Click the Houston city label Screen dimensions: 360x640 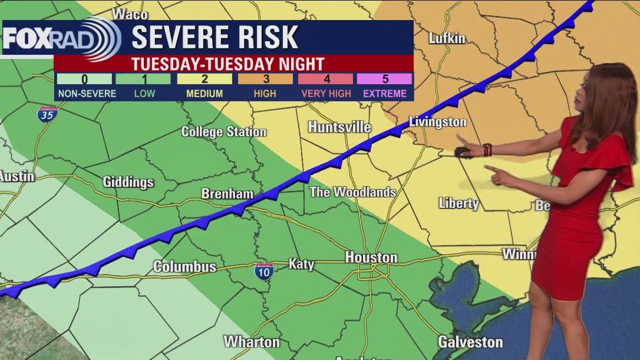(371, 257)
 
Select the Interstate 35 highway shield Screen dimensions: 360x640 (48, 114)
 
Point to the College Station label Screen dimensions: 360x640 (223, 131)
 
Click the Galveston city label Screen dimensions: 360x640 (470, 342)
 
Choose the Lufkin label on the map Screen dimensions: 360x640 (447, 39)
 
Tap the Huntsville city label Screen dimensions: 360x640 (339, 127)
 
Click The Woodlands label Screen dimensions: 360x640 (352, 192)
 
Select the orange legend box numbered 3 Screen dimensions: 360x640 (265, 79)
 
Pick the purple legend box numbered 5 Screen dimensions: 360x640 (384, 79)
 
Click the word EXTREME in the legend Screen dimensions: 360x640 (384, 93)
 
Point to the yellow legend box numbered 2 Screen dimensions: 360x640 (204, 79)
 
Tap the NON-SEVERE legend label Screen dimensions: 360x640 (87, 93)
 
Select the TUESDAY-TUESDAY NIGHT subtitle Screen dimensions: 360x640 (227, 64)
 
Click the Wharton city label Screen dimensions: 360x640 (252, 342)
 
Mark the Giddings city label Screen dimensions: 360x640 (128, 182)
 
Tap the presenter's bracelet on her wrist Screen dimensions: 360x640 (487, 150)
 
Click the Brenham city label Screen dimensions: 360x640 (227, 194)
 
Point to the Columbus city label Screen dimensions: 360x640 (184, 267)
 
